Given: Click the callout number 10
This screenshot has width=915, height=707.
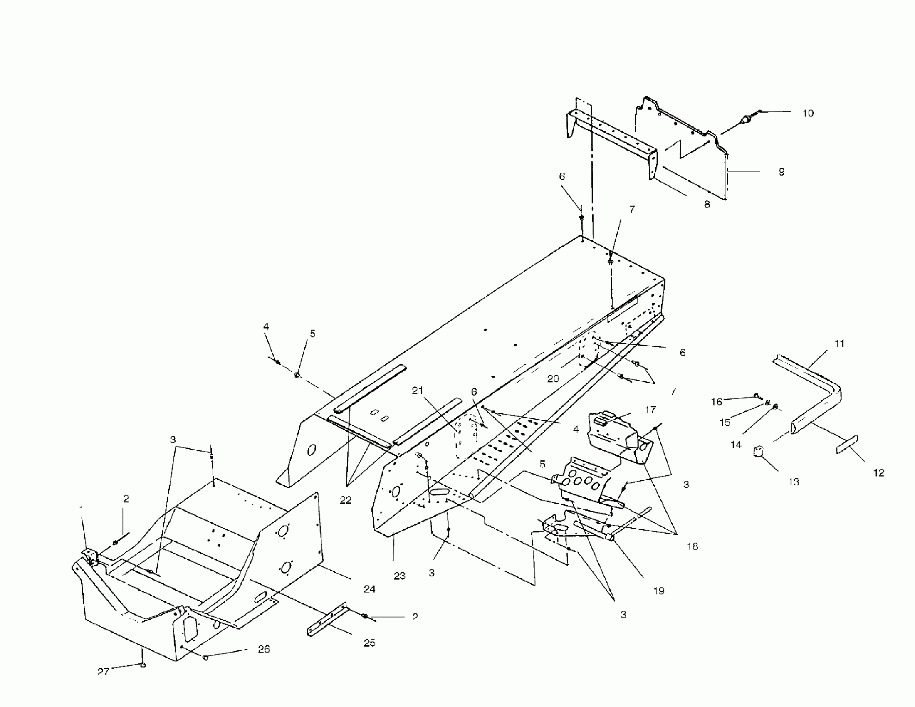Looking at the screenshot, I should pyautogui.click(x=808, y=114).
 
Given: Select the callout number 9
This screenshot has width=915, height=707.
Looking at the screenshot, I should pyautogui.click(x=781, y=172).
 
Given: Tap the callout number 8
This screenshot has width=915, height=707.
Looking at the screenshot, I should pyautogui.click(x=707, y=205).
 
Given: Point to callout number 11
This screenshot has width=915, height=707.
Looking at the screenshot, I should pyautogui.click(x=840, y=344).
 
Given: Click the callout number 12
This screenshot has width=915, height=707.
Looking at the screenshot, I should pyautogui.click(x=878, y=473).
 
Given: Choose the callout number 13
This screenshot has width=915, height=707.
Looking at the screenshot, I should pyautogui.click(x=794, y=482).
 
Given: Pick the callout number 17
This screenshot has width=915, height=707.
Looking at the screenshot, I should pyautogui.click(x=650, y=410).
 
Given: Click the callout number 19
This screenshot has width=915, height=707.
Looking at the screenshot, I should pyautogui.click(x=659, y=591).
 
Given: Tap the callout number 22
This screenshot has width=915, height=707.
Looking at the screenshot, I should pyautogui.click(x=345, y=500).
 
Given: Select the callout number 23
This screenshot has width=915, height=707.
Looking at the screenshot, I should pyautogui.click(x=399, y=576).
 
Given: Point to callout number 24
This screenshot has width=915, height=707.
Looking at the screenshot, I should pyautogui.click(x=369, y=589).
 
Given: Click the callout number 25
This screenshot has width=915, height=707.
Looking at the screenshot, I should pyautogui.click(x=369, y=643).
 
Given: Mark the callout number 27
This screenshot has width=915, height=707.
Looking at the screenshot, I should pyautogui.click(x=103, y=672).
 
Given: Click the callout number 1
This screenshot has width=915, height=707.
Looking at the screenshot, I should pyautogui.click(x=82, y=509).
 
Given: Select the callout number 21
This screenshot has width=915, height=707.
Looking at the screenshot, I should pyautogui.click(x=417, y=391).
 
